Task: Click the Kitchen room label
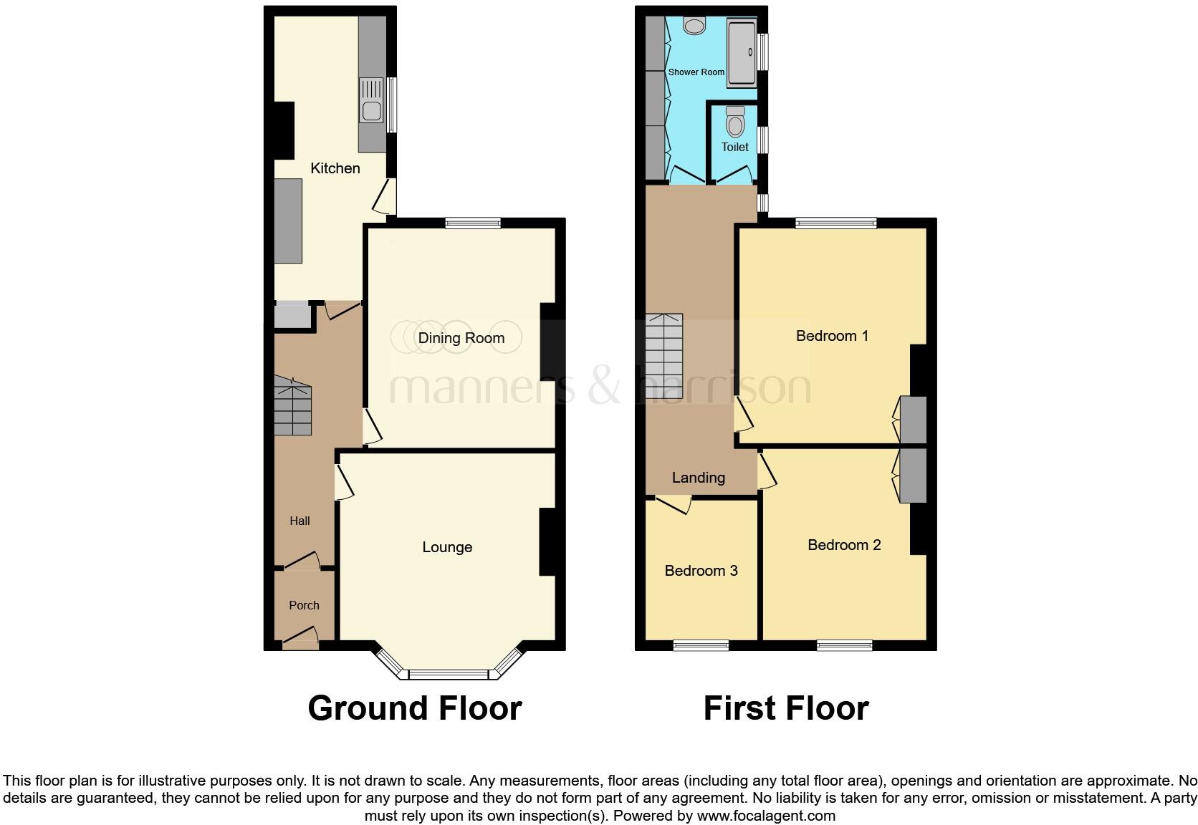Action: click(335, 168)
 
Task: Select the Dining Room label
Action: click(461, 338)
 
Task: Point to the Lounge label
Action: click(447, 547)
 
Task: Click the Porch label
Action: click(304, 605)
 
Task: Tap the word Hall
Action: click(299, 521)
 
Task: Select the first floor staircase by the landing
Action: click(663, 356)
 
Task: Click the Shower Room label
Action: click(696, 72)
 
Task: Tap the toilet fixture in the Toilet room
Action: click(735, 122)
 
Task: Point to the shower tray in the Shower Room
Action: click(742, 54)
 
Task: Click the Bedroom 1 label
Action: click(832, 336)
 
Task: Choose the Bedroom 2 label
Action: click(843, 545)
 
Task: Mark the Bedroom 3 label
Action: click(701, 571)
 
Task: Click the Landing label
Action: click(698, 478)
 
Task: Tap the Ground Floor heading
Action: click(414, 708)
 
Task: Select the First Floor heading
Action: click(785, 708)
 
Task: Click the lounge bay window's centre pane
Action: click(448, 674)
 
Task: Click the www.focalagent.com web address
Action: click(766, 815)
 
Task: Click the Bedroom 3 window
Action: click(701, 645)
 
